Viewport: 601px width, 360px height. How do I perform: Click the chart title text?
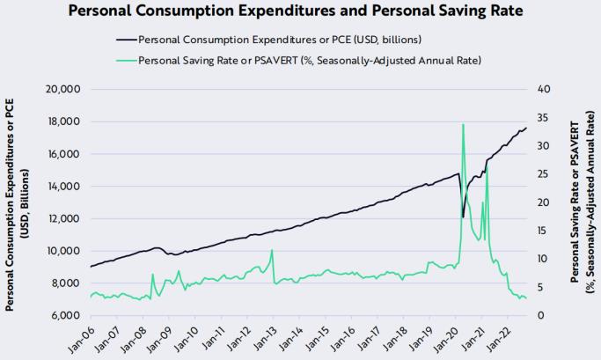coord(300,12)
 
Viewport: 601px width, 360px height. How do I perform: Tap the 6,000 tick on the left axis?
coord(64,315)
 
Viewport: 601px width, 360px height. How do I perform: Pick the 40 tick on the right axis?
coord(542,90)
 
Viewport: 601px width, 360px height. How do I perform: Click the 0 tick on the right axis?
coord(539,315)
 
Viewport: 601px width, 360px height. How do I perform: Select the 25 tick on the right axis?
coord(542,174)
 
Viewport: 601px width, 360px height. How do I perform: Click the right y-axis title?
coord(582,202)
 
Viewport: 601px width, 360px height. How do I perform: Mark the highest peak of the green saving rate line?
coord(463,124)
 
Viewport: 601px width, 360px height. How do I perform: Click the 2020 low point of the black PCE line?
coord(463,217)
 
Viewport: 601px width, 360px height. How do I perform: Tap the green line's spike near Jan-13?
coord(272,251)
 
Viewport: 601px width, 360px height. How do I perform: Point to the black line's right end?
coord(526,129)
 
